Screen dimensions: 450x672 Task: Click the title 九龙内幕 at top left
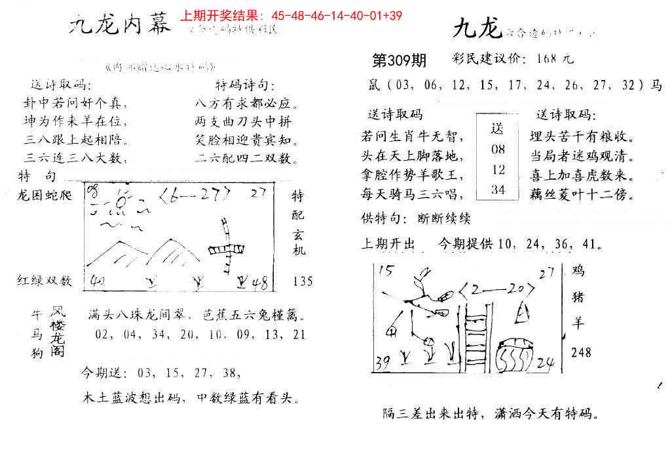point(121,27)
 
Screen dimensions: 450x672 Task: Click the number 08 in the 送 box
point(498,149)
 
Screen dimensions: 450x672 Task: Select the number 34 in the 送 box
point(498,190)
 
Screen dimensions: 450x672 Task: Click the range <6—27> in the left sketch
point(196,194)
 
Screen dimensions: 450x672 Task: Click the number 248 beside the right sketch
point(580,352)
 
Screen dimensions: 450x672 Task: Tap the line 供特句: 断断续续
point(416,219)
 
